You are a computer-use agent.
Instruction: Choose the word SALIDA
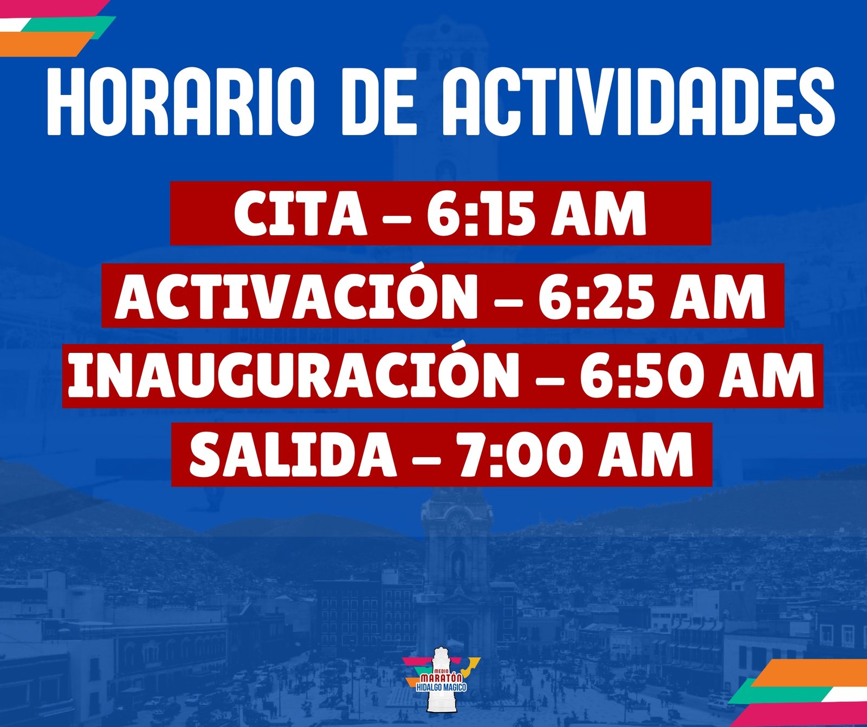pos(293,455)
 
